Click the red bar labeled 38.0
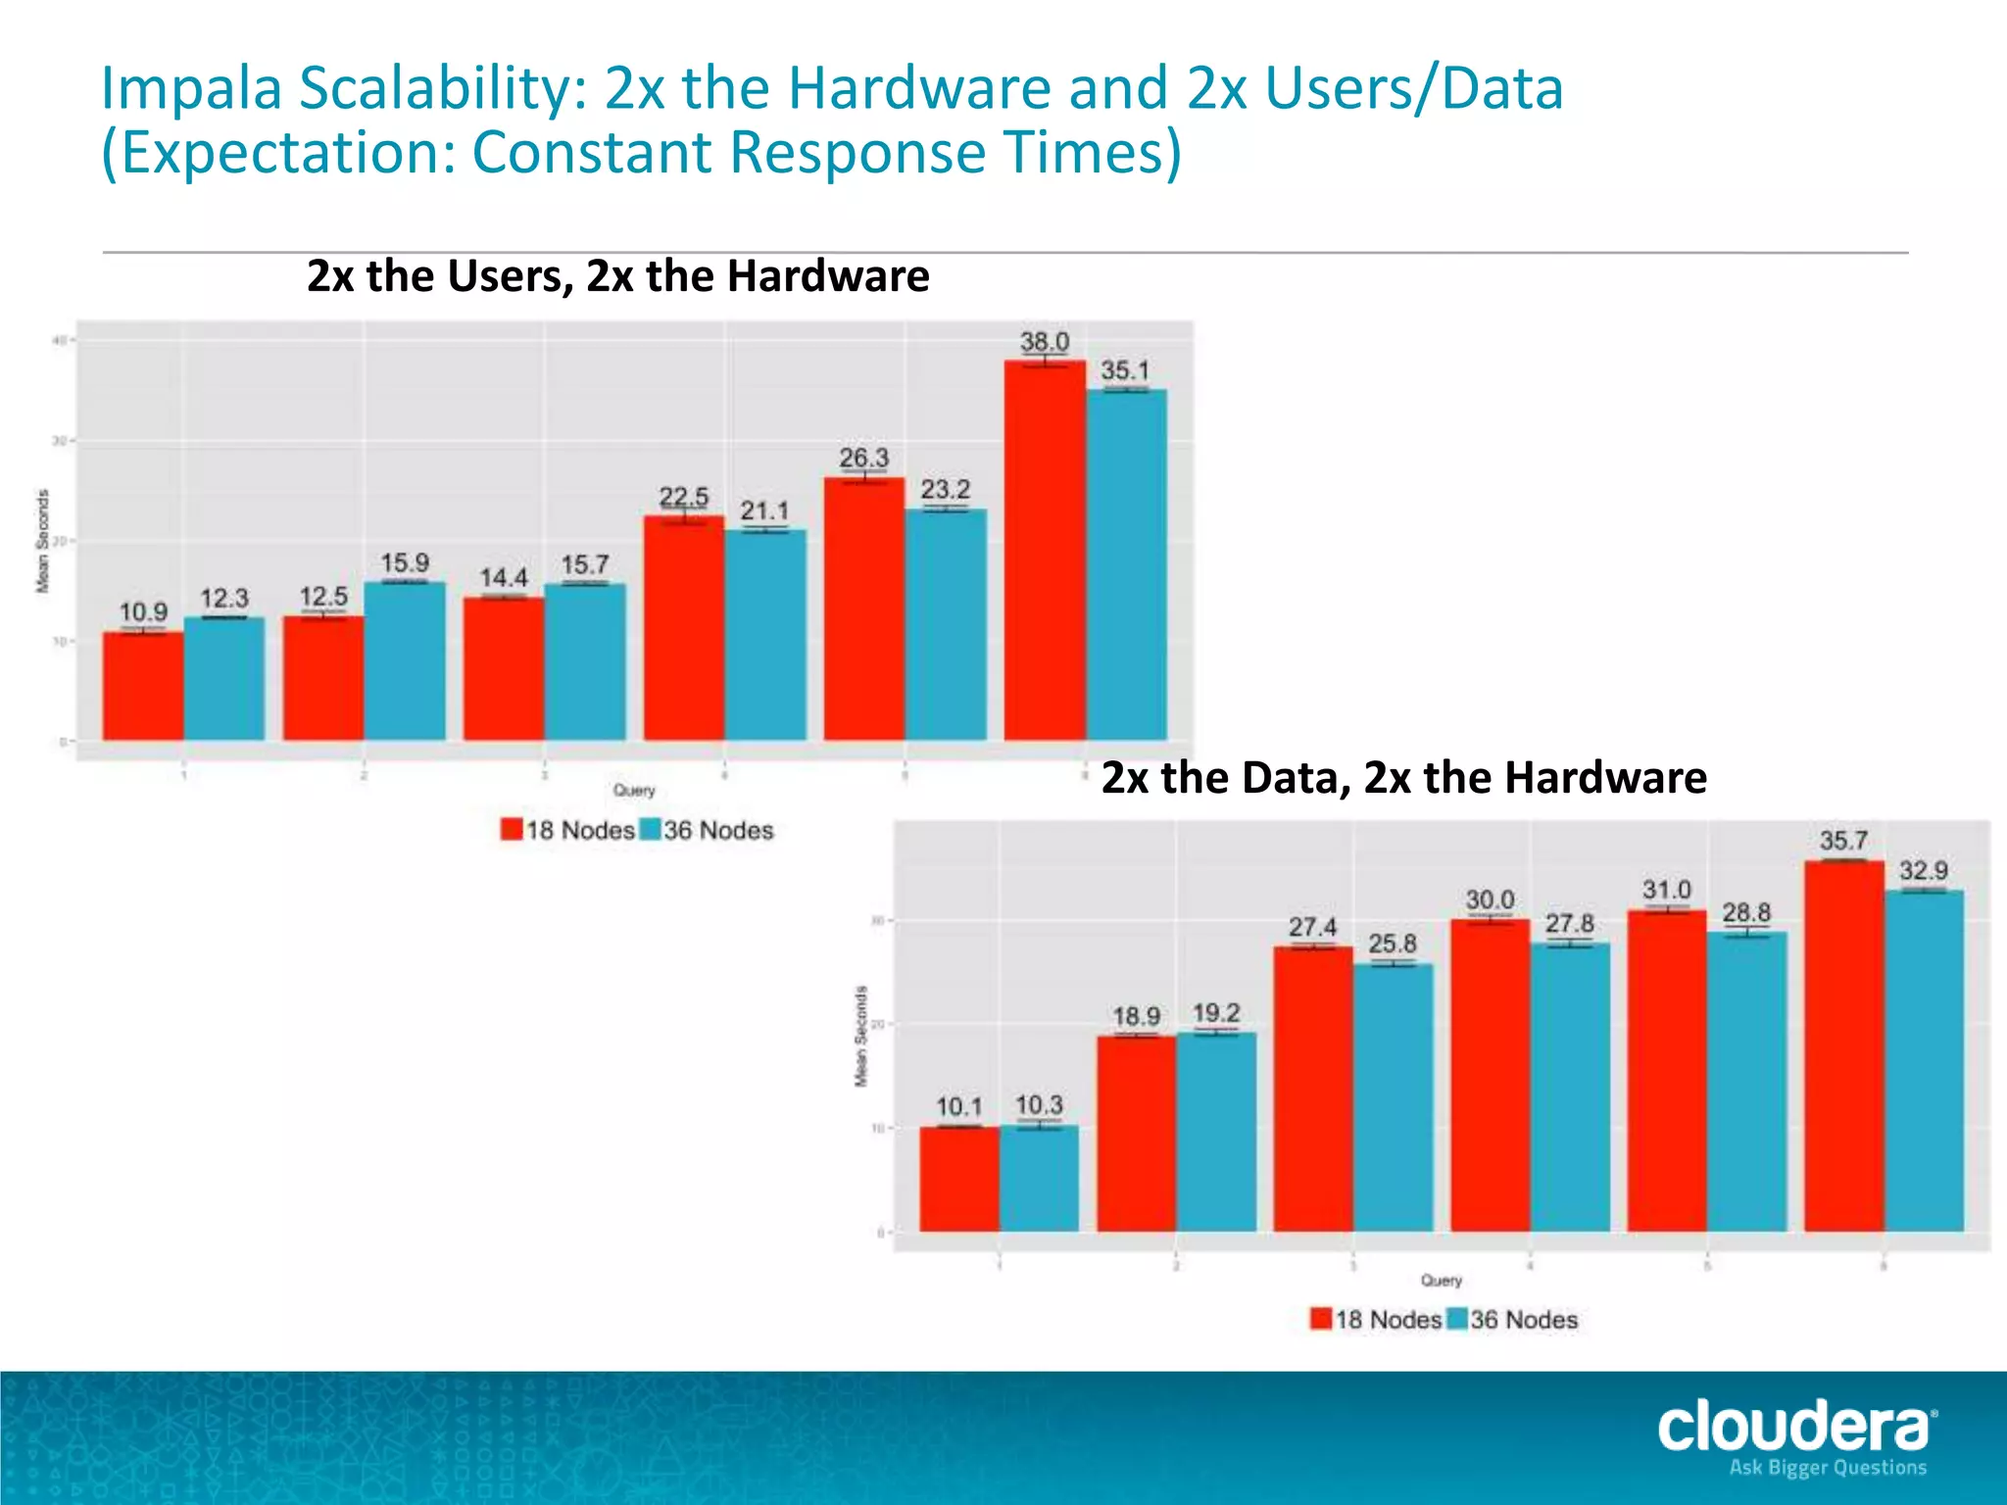[x=1045, y=550]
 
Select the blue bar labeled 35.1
[x=1126, y=564]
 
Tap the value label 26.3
[x=863, y=458]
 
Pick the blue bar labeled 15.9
[x=405, y=660]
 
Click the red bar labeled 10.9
[x=143, y=686]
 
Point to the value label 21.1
[x=764, y=510]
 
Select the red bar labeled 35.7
[x=1843, y=1045]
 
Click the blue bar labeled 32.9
[x=1924, y=1060]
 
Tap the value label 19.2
[x=1216, y=1012]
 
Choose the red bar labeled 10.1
[x=958, y=1179]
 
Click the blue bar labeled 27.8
[x=1570, y=1087]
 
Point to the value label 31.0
[x=1667, y=890]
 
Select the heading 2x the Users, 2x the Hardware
[x=617, y=276]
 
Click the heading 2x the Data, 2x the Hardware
[x=1403, y=778]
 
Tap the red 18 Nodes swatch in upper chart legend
[x=512, y=830]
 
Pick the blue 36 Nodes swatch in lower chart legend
[x=1457, y=1319]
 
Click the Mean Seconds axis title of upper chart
[x=42, y=541]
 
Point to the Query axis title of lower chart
[x=1441, y=1281]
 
